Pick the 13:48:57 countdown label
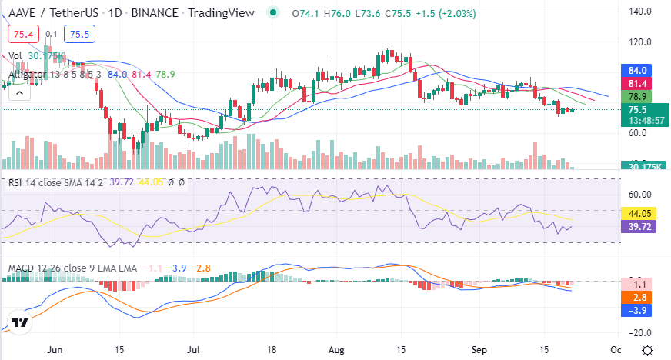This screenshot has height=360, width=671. (x=645, y=121)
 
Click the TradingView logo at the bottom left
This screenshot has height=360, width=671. (x=21, y=323)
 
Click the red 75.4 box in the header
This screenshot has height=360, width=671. (x=22, y=34)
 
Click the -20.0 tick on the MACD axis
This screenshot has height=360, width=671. (x=640, y=332)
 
